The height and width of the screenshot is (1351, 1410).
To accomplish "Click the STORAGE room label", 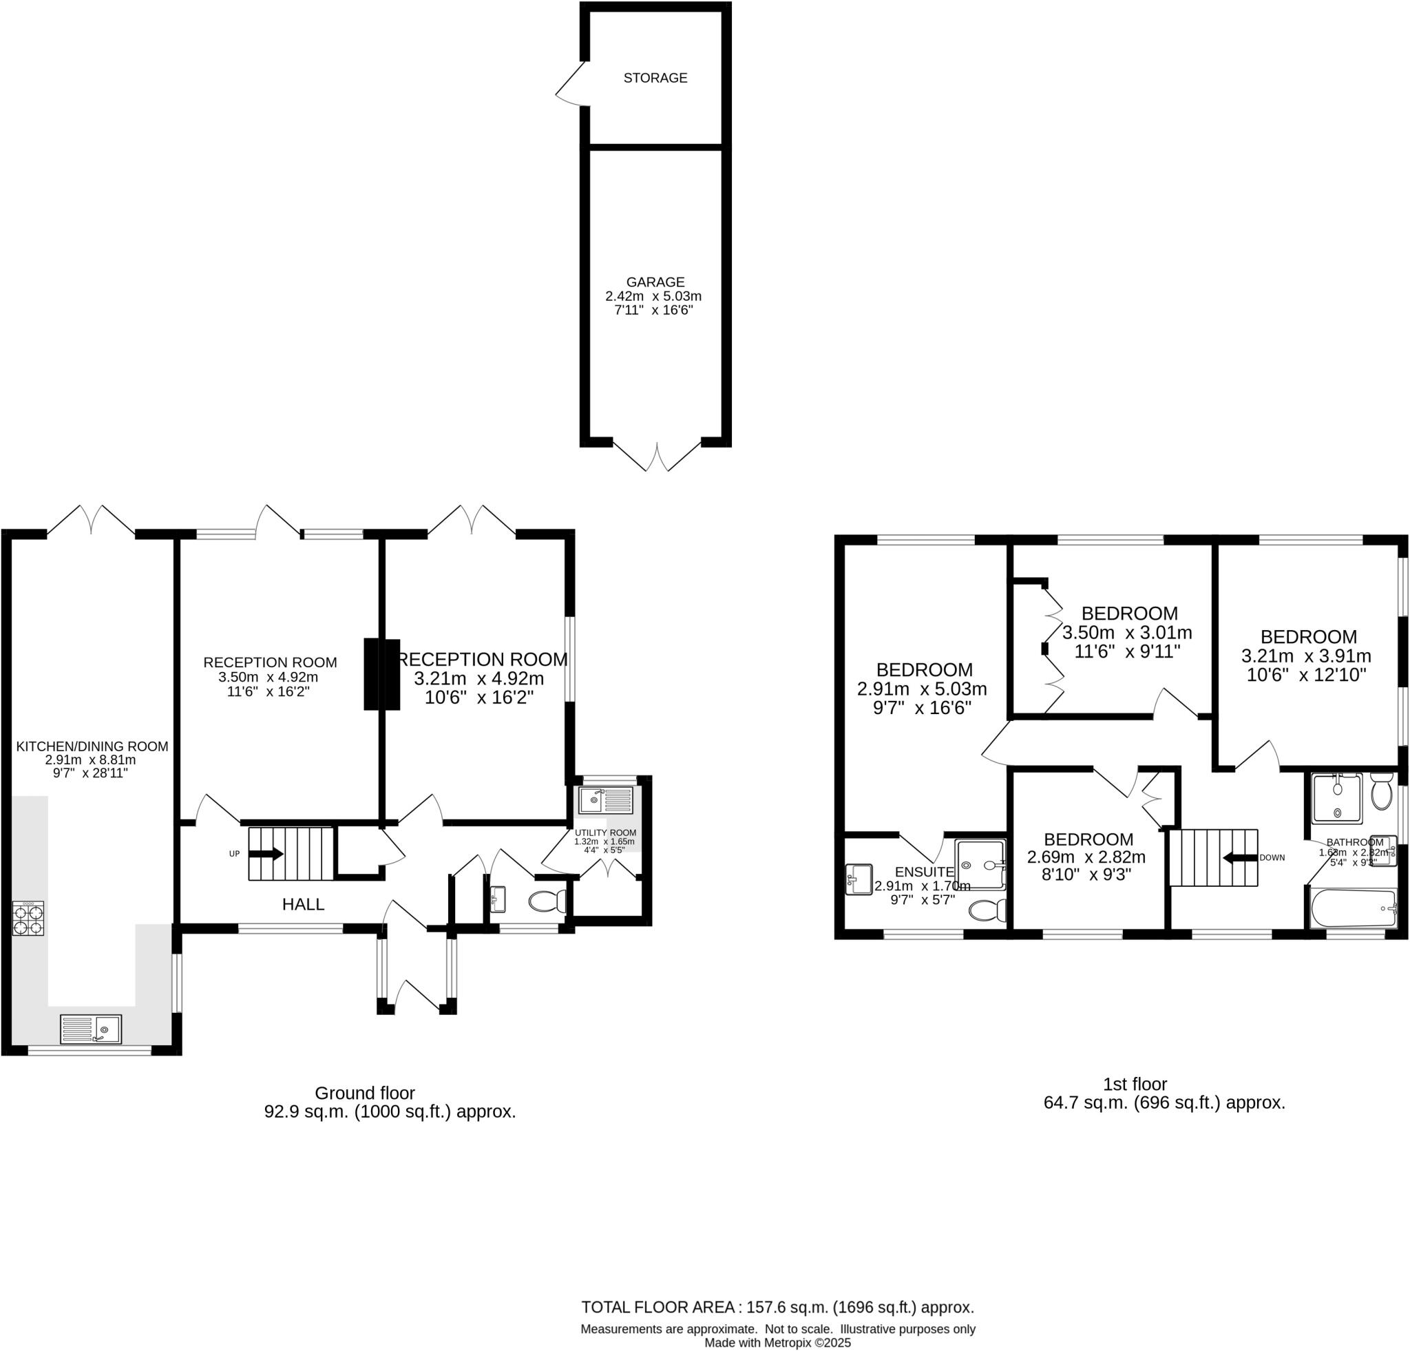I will click(x=655, y=78).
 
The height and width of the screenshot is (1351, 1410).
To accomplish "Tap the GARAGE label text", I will click(x=655, y=282).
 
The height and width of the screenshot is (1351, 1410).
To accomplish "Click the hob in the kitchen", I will click(x=28, y=918).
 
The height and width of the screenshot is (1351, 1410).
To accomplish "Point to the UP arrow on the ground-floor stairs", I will click(x=266, y=854).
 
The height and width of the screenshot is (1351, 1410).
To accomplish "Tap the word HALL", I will click(x=303, y=904).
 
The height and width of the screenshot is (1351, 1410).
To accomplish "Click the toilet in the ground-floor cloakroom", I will click(x=547, y=901).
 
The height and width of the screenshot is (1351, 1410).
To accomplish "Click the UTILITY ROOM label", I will click(x=605, y=832).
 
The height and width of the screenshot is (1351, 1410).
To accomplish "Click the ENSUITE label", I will click(x=925, y=872).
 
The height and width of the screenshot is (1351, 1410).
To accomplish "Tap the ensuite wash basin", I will click(x=859, y=879).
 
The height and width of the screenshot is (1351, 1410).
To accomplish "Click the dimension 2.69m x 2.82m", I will click(x=1086, y=857).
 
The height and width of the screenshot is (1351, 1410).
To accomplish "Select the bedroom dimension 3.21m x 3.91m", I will click(x=1305, y=656).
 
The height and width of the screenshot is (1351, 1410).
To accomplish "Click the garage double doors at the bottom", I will click(x=657, y=456).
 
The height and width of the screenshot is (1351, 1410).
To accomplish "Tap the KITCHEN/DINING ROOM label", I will click(x=92, y=746).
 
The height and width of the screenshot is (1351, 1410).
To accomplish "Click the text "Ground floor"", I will click(x=365, y=1093).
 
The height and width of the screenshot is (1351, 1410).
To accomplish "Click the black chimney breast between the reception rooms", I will click(x=381, y=674).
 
